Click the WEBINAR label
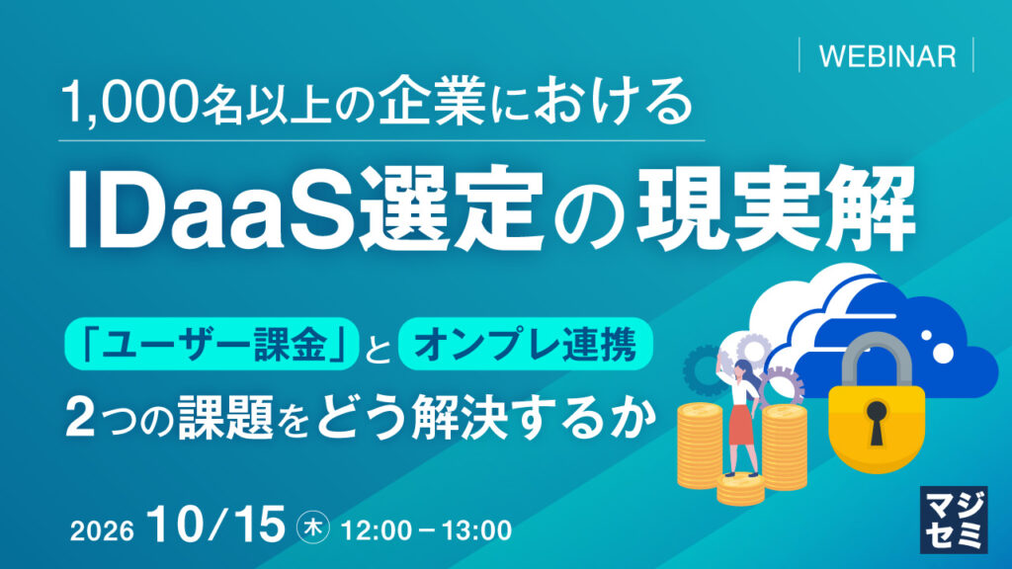pyautogui.click(x=886, y=56)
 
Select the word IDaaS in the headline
pyautogui.click(x=211, y=207)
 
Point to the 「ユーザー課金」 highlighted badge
pyautogui.click(x=211, y=344)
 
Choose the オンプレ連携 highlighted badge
pyautogui.click(x=526, y=344)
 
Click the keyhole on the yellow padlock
pyautogui.click(x=877, y=420)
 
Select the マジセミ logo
pyautogui.click(x=954, y=520)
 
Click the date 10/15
pyautogui.click(x=215, y=524)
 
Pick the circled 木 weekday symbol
pyautogui.click(x=313, y=528)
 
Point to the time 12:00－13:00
pyautogui.click(x=426, y=530)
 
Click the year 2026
pyautogui.click(x=102, y=531)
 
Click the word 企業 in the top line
pyautogui.click(x=432, y=102)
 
